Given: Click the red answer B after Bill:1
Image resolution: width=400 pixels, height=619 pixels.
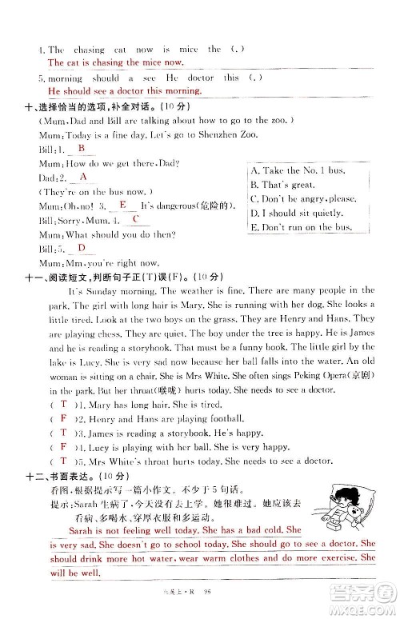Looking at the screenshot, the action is (82, 148).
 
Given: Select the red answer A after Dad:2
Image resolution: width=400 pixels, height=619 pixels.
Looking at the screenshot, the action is (83, 177).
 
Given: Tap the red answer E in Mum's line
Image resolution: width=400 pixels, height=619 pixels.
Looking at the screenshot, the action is (122, 205).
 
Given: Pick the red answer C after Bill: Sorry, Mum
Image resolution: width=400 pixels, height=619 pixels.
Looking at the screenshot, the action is (136, 219).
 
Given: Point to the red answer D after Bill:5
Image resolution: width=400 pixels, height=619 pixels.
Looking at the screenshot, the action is (82, 248).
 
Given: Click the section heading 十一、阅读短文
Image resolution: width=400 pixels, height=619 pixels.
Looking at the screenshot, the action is (64, 276).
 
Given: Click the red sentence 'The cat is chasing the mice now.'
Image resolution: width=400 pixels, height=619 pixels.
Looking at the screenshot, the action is (115, 62).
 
